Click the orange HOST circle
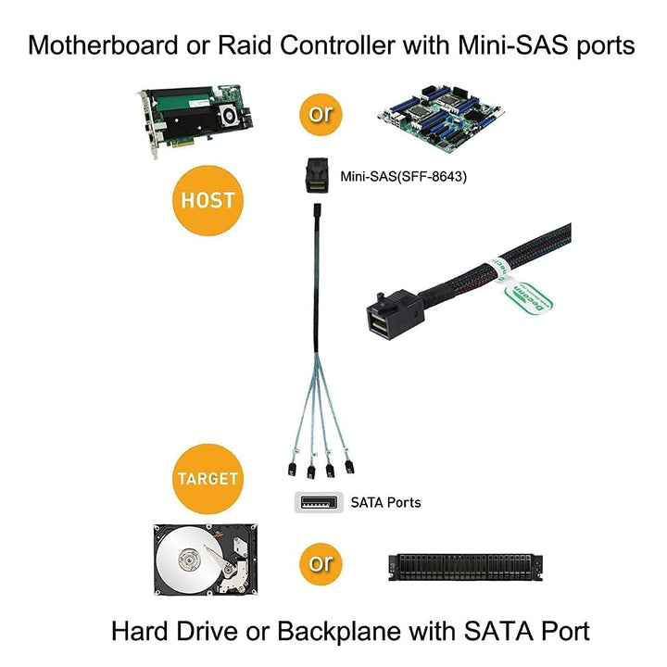[x=208, y=199]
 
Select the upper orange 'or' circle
[x=321, y=114]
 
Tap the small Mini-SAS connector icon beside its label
[x=316, y=176]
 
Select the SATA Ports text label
[x=385, y=503]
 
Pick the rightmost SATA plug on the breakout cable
[x=349, y=466]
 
